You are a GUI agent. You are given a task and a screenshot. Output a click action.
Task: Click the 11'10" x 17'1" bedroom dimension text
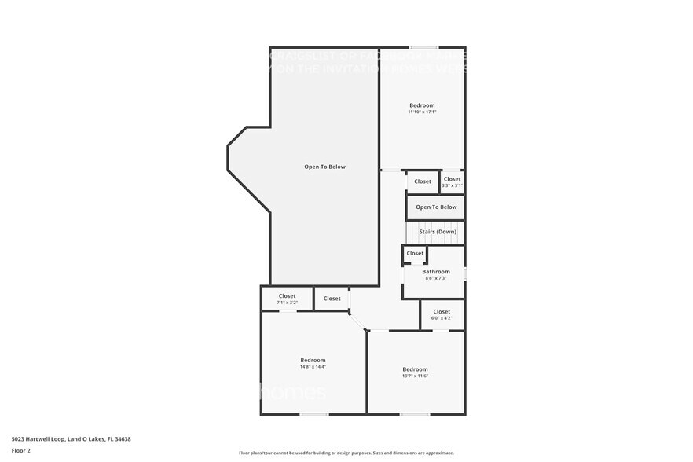tap(422, 112)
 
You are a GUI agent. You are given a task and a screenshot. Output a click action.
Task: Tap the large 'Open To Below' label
tap(324, 167)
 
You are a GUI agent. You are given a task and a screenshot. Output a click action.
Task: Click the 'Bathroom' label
tap(436, 272)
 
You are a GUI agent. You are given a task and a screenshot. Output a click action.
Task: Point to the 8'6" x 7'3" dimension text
tap(436, 278)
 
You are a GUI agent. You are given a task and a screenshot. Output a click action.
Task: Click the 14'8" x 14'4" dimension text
tap(313, 367)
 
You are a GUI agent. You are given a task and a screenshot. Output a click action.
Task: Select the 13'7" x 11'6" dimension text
tap(415, 376)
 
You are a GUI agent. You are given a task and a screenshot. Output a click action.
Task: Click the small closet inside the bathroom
tap(415, 253)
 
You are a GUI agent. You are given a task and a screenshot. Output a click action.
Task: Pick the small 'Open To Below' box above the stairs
tap(436, 207)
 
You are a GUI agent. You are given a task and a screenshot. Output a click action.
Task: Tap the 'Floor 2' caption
tap(20, 450)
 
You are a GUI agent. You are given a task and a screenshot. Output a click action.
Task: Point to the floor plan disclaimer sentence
tap(346, 453)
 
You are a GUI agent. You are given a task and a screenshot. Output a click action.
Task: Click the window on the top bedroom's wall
tap(423, 47)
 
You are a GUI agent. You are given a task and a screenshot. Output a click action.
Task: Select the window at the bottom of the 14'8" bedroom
tap(314, 414)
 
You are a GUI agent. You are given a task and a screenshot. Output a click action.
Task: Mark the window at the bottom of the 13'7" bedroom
tap(415, 414)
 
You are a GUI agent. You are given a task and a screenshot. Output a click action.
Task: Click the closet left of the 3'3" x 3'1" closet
tap(423, 181)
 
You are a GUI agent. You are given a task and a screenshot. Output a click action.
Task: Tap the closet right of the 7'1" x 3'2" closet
tap(332, 299)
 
